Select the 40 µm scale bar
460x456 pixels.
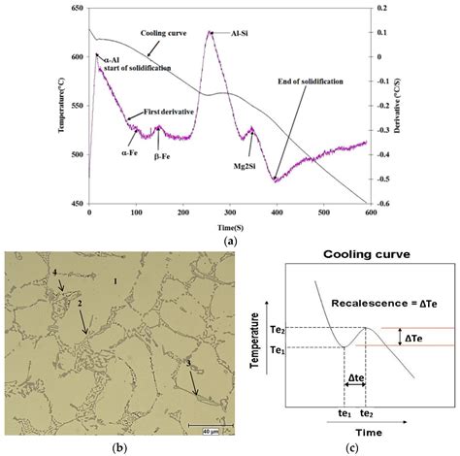click(x=201, y=428)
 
